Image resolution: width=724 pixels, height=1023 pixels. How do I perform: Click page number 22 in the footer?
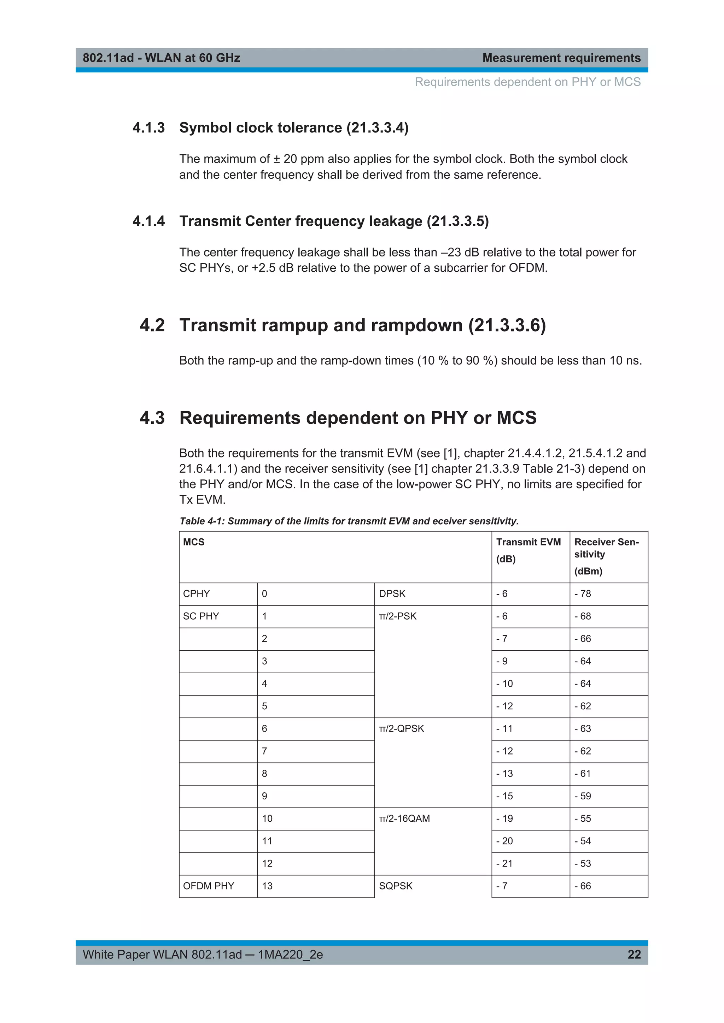click(x=633, y=954)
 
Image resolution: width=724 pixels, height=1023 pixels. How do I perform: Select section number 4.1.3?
click(x=148, y=128)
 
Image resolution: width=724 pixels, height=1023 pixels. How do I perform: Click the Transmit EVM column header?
click(x=528, y=542)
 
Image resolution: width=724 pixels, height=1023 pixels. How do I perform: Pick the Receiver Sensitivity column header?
click(x=606, y=548)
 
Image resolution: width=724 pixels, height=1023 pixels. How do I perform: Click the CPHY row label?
click(x=196, y=594)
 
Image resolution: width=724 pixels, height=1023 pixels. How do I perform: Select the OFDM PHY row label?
click(x=208, y=886)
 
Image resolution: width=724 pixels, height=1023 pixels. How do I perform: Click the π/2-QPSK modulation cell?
click(x=401, y=728)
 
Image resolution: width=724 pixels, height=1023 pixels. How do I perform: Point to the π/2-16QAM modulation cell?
click(x=404, y=818)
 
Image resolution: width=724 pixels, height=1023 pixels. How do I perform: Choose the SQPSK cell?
click(x=396, y=886)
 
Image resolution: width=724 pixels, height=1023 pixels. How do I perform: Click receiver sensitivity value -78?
click(x=583, y=594)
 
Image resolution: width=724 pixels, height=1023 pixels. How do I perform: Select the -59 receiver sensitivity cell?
click(x=583, y=796)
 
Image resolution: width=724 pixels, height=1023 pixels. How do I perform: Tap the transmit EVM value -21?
click(x=504, y=863)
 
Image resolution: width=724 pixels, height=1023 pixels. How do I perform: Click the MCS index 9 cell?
click(x=264, y=796)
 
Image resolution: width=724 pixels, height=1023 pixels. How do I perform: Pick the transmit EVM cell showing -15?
click(x=504, y=796)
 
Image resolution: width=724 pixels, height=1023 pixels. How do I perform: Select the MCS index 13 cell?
click(x=267, y=886)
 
